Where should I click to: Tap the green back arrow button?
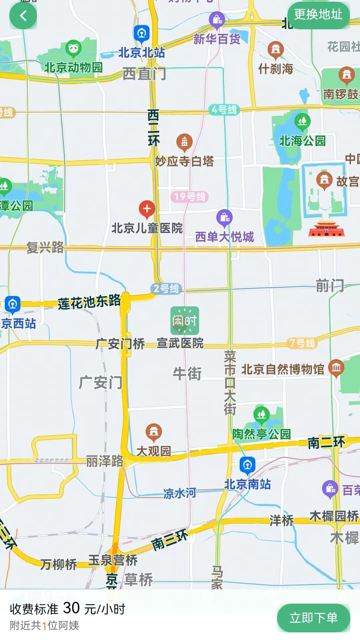[x=23, y=16]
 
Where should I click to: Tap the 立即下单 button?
[x=313, y=618]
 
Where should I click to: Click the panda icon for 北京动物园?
[x=74, y=48]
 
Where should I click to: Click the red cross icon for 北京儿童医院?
[x=147, y=209]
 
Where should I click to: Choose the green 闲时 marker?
[x=185, y=321]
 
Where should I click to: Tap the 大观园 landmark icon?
[x=154, y=432]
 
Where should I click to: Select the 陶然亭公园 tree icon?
[x=262, y=414]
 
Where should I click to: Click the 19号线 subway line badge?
[x=189, y=197]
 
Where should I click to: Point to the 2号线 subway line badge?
[x=166, y=288]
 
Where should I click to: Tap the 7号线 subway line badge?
[x=302, y=343]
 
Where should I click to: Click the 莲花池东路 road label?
[x=89, y=302]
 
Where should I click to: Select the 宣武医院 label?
[x=180, y=343]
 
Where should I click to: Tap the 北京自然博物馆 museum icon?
[x=336, y=368]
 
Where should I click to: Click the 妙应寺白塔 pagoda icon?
[x=184, y=142]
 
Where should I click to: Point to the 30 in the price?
[x=71, y=608]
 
